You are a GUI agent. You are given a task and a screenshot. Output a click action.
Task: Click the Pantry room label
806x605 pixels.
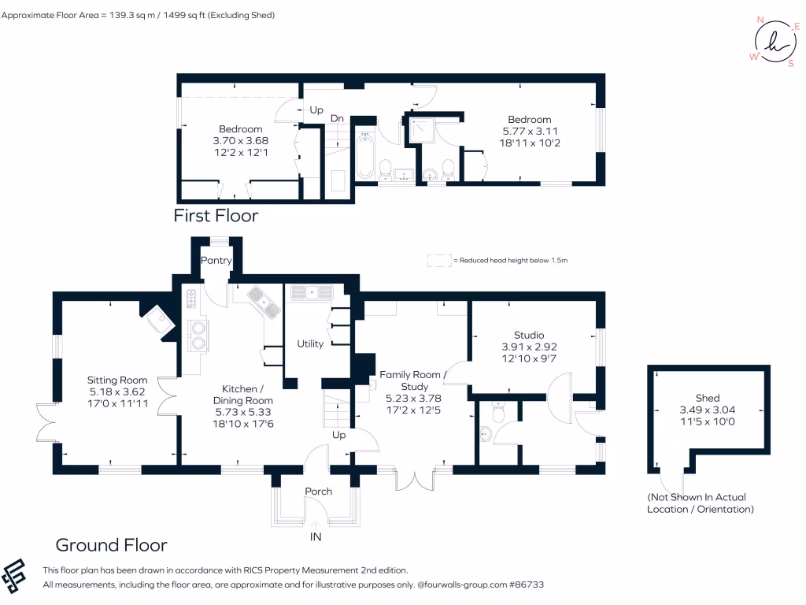(x=216, y=260)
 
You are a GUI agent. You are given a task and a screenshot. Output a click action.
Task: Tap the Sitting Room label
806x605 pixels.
(x=117, y=380)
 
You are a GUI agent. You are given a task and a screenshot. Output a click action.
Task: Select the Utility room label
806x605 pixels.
(x=310, y=343)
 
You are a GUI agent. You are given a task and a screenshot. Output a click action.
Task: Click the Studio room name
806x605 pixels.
(x=529, y=335)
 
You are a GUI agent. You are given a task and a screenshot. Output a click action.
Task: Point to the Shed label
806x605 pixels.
(x=708, y=398)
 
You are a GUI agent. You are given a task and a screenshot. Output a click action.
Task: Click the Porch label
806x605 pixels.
(x=319, y=492)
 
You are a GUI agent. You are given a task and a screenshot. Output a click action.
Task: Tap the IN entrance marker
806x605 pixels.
(x=316, y=537)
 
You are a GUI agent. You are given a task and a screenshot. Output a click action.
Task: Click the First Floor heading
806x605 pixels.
(x=216, y=215)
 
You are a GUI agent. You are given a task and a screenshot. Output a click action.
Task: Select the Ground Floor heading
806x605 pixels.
(x=111, y=544)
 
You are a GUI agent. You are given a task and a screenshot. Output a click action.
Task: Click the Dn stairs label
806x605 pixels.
(x=337, y=118)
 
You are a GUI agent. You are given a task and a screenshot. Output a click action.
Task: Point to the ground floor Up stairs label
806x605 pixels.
(x=339, y=435)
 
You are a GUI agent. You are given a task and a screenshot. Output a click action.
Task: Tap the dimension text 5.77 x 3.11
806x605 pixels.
(x=530, y=132)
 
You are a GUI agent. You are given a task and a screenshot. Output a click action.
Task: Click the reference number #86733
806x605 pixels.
(x=525, y=585)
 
